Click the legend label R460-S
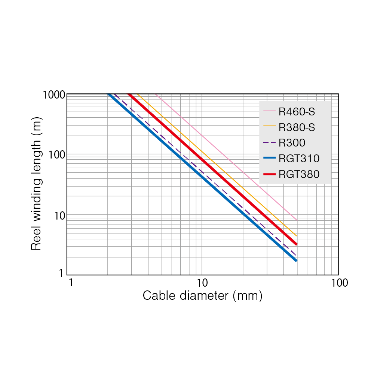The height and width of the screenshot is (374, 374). coord(299,111)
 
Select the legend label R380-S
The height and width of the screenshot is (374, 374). coord(297,127)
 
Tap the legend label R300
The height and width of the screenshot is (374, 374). coord(292,143)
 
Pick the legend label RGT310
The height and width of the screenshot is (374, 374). coord(299,159)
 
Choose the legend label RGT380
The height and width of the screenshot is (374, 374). coord(299,174)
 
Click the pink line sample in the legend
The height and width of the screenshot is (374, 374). coord(269,111)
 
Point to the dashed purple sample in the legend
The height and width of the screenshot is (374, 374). coord(269,143)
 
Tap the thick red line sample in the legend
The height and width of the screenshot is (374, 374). coord(269,174)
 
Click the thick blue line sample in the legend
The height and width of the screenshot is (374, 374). coord(269,159)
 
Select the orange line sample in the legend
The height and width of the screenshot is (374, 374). coord(269,127)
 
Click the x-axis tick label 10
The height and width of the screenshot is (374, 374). coord(202,283)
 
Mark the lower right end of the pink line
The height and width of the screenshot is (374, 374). coord(297,220)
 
